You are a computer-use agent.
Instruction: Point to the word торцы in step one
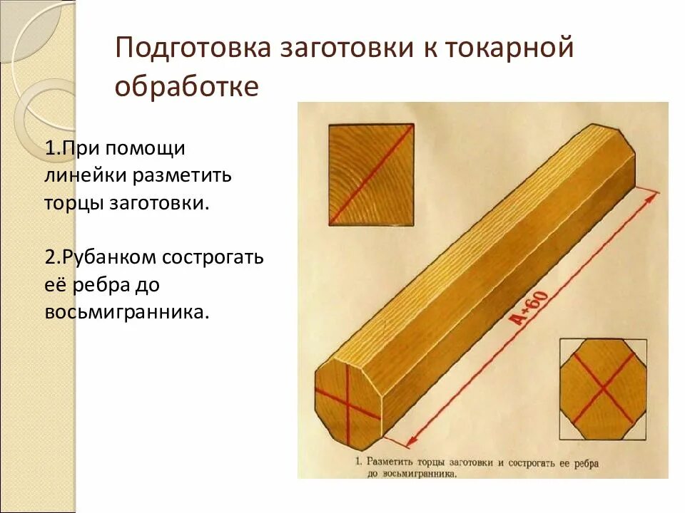74,202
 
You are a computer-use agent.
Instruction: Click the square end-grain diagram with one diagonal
370,174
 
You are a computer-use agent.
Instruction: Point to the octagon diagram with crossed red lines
604,389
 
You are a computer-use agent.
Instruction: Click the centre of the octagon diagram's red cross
604,389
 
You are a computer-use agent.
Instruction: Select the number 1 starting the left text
49,148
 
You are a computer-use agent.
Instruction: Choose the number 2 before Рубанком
49,257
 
